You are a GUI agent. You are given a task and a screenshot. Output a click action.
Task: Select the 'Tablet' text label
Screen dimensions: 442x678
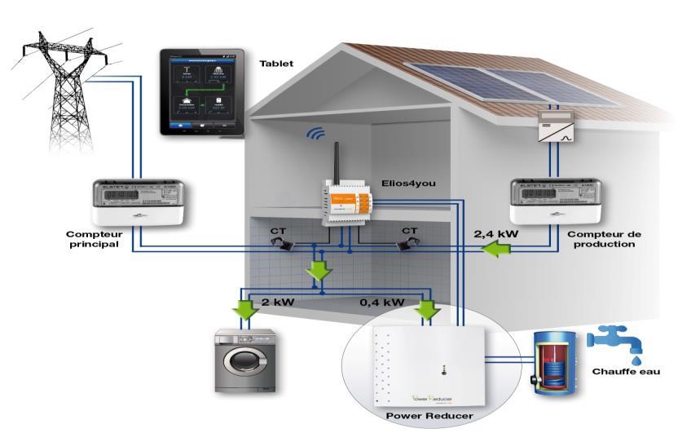coord(277,63)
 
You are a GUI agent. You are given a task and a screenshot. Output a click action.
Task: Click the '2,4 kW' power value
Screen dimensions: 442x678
coord(499,233)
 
